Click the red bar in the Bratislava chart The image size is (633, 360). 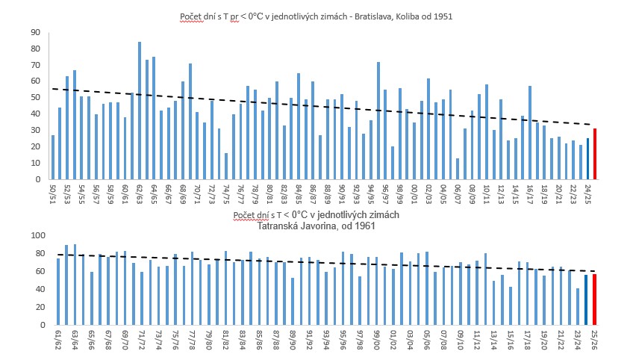click(595, 154)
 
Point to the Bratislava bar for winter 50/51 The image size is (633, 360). click(52, 157)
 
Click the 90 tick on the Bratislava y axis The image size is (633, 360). click(34, 33)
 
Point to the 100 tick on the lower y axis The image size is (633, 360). click(32, 235)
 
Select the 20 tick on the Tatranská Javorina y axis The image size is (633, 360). click(34, 307)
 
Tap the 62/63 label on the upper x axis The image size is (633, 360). click(140, 193)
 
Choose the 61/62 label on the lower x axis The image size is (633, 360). click(58, 340)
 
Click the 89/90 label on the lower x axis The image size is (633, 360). click(293, 340)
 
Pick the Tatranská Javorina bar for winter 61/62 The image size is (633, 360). click(58, 291)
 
